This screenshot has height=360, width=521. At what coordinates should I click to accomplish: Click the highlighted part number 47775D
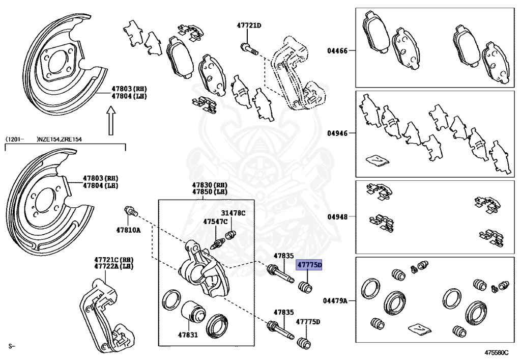click(309, 265)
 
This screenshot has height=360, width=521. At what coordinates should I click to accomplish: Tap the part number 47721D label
click(248, 25)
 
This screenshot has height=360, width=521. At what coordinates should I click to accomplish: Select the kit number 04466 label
click(337, 51)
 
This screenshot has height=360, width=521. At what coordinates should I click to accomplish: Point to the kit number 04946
click(337, 133)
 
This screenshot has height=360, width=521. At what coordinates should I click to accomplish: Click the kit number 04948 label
click(337, 217)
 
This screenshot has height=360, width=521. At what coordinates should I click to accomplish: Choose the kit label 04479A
click(335, 301)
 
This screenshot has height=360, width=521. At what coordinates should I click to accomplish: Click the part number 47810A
click(128, 230)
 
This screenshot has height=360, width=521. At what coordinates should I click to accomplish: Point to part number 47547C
click(215, 222)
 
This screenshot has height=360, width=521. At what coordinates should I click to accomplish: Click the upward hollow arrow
click(111, 121)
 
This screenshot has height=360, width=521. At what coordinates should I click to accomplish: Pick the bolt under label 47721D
click(249, 49)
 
